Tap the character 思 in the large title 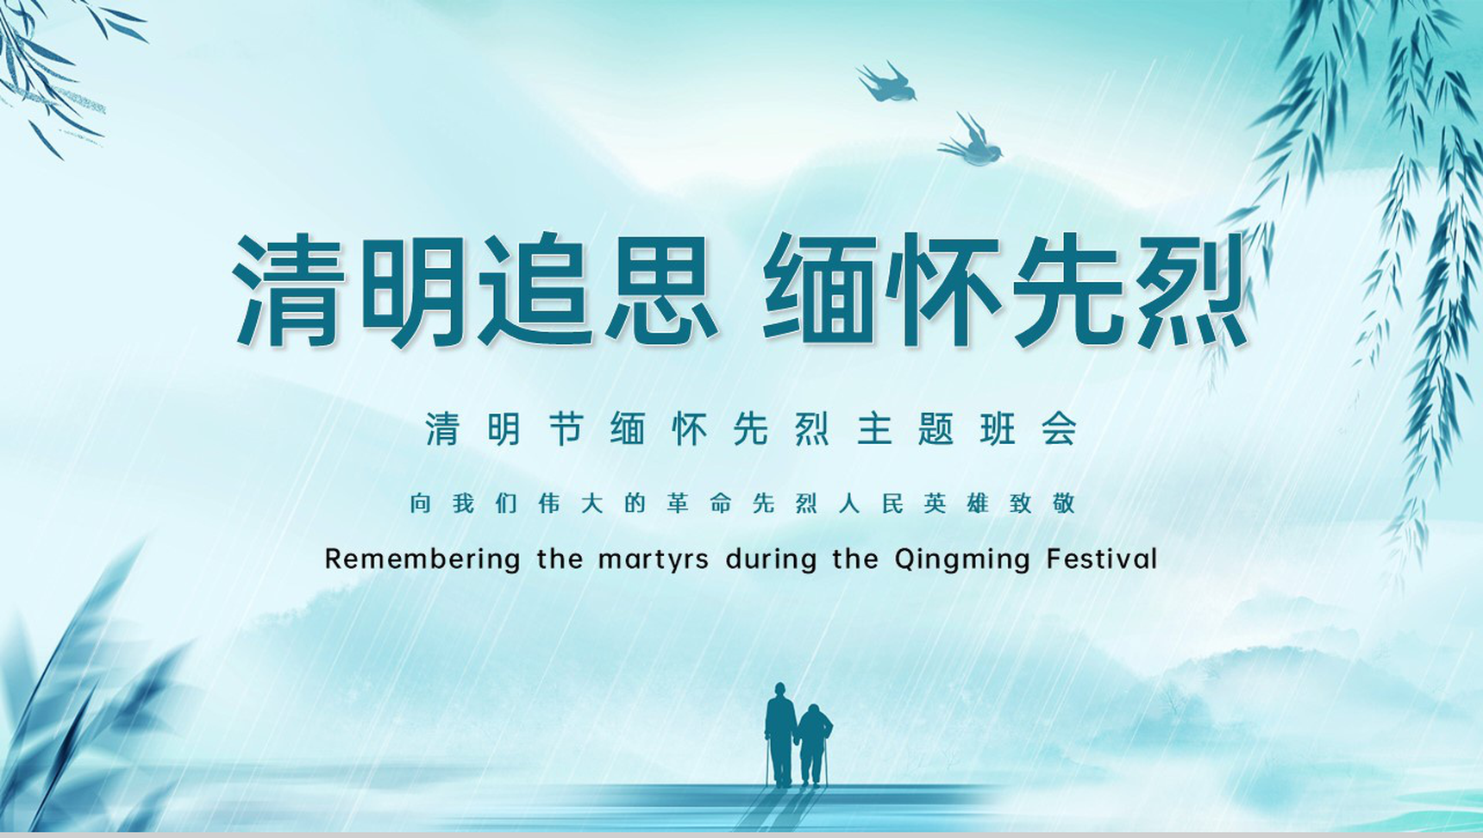(x=662, y=290)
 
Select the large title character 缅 (x=820, y=290)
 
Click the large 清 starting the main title (x=289, y=290)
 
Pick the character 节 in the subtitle (x=566, y=428)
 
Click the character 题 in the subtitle (x=935, y=428)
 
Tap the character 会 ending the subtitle (x=1059, y=428)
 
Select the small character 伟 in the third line (x=549, y=503)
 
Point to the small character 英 (x=935, y=503)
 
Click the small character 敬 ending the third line (x=1063, y=503)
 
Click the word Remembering (x=422, y=560)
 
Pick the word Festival (x=1102, y=559)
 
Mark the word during (x=771, y=560)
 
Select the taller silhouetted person (x=780, y=735)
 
